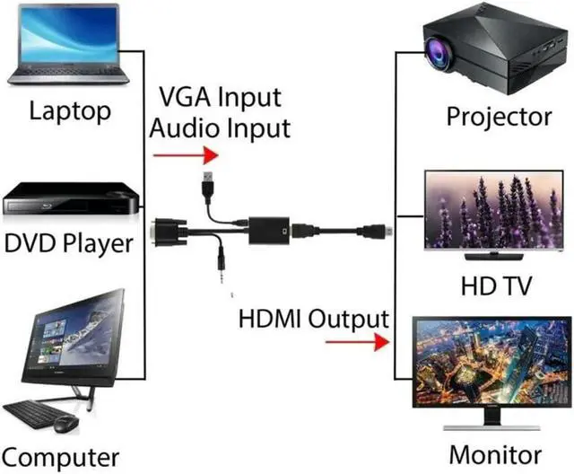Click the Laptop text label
[70, 110]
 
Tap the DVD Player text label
[68, 243]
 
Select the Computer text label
[60, 457]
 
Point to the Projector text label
[499, 118]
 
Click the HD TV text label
[496, 285]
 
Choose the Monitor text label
[495, 454]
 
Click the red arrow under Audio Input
[186, 155]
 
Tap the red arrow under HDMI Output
[357, 342]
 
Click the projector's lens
[438, 53]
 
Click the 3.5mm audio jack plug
[222, 265]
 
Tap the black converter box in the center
[269, 231]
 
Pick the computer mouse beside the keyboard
[66, 425]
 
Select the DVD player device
[72, 198]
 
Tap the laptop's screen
[69, 35]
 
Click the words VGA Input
[221, 97]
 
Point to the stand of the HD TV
[494, 256]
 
